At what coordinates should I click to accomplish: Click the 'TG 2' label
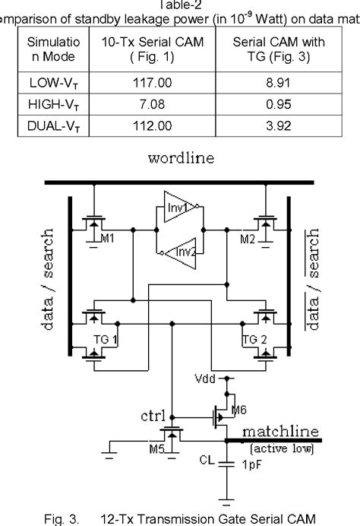pyautogui.click(x=251, y=337)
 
